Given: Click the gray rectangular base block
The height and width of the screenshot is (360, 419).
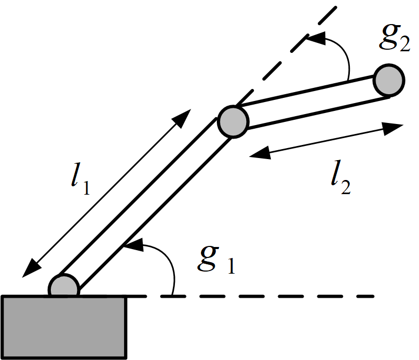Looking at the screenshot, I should point(64,325).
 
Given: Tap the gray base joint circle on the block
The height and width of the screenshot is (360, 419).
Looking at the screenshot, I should point(64,287).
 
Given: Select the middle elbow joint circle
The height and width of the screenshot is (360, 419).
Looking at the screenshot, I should point(231,121).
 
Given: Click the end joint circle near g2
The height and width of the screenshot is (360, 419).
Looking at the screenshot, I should point(389,80).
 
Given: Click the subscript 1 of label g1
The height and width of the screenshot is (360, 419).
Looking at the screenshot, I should point(229,267).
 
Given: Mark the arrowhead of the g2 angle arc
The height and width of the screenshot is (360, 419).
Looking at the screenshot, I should point(311,37).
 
